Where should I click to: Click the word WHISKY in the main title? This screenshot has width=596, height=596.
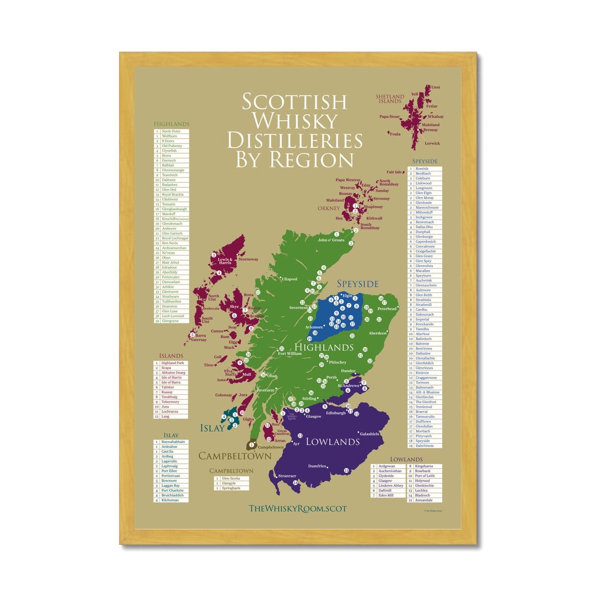(295, 121)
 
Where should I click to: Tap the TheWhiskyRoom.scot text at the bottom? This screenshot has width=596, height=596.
(298, 508)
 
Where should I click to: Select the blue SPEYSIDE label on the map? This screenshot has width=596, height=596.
(358, 284)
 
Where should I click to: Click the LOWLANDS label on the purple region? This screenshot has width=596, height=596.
(333, 442)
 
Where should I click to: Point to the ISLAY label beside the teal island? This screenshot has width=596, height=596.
(212, 428)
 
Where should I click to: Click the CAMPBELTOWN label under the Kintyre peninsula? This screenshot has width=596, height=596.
(235, 455)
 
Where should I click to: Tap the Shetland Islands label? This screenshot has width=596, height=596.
(389, 99)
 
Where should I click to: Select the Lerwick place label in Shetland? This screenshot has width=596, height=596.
(432, 143)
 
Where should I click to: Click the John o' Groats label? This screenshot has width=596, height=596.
(331, 240)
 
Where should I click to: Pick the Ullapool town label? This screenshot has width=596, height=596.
(290, 279)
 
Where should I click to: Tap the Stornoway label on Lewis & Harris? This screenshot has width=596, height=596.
(248, 259)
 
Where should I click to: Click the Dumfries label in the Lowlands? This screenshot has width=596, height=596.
(317, 466)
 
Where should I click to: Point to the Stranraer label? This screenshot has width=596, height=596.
(287, 476)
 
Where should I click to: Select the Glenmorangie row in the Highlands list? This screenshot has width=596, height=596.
(173, 170)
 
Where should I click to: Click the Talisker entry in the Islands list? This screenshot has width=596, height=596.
(168, 387)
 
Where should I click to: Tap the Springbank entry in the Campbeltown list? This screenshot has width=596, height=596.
(231, 488)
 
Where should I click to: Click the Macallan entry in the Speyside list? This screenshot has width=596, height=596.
(423, 271)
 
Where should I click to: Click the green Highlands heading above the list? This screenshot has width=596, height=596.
(171, 124)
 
